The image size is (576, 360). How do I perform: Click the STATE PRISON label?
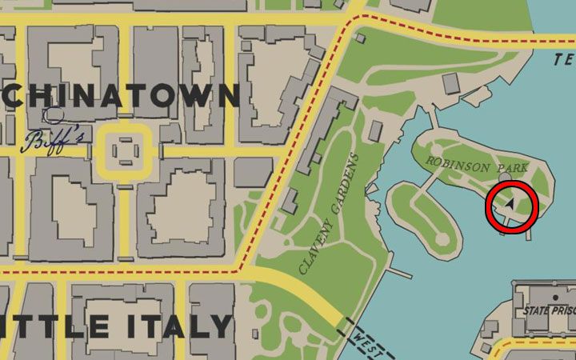pos(550,309)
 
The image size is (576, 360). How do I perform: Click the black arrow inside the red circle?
pos(510,205)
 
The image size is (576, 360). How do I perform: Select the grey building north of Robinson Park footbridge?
pos(451,83)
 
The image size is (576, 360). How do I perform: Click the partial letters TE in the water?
pos(565,59)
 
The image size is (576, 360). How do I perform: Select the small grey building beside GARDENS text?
pos(375,130)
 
